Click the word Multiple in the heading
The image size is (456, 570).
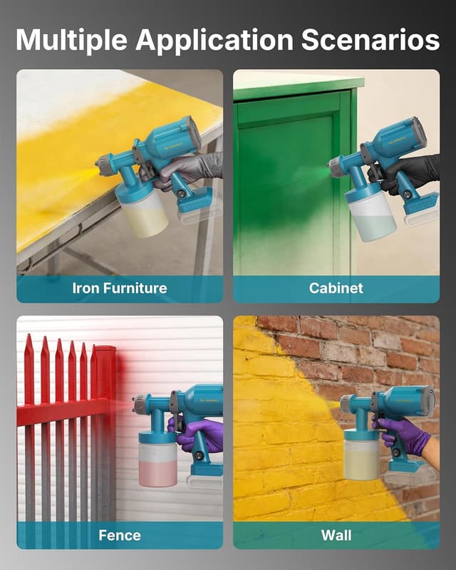pos(71,41)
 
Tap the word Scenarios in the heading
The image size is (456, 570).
pos(370,41)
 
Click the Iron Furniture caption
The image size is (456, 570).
pos(120,289)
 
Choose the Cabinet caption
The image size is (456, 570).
pos(336,289)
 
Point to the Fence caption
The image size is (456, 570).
pos(120,535)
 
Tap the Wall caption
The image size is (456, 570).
pos(336,535)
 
